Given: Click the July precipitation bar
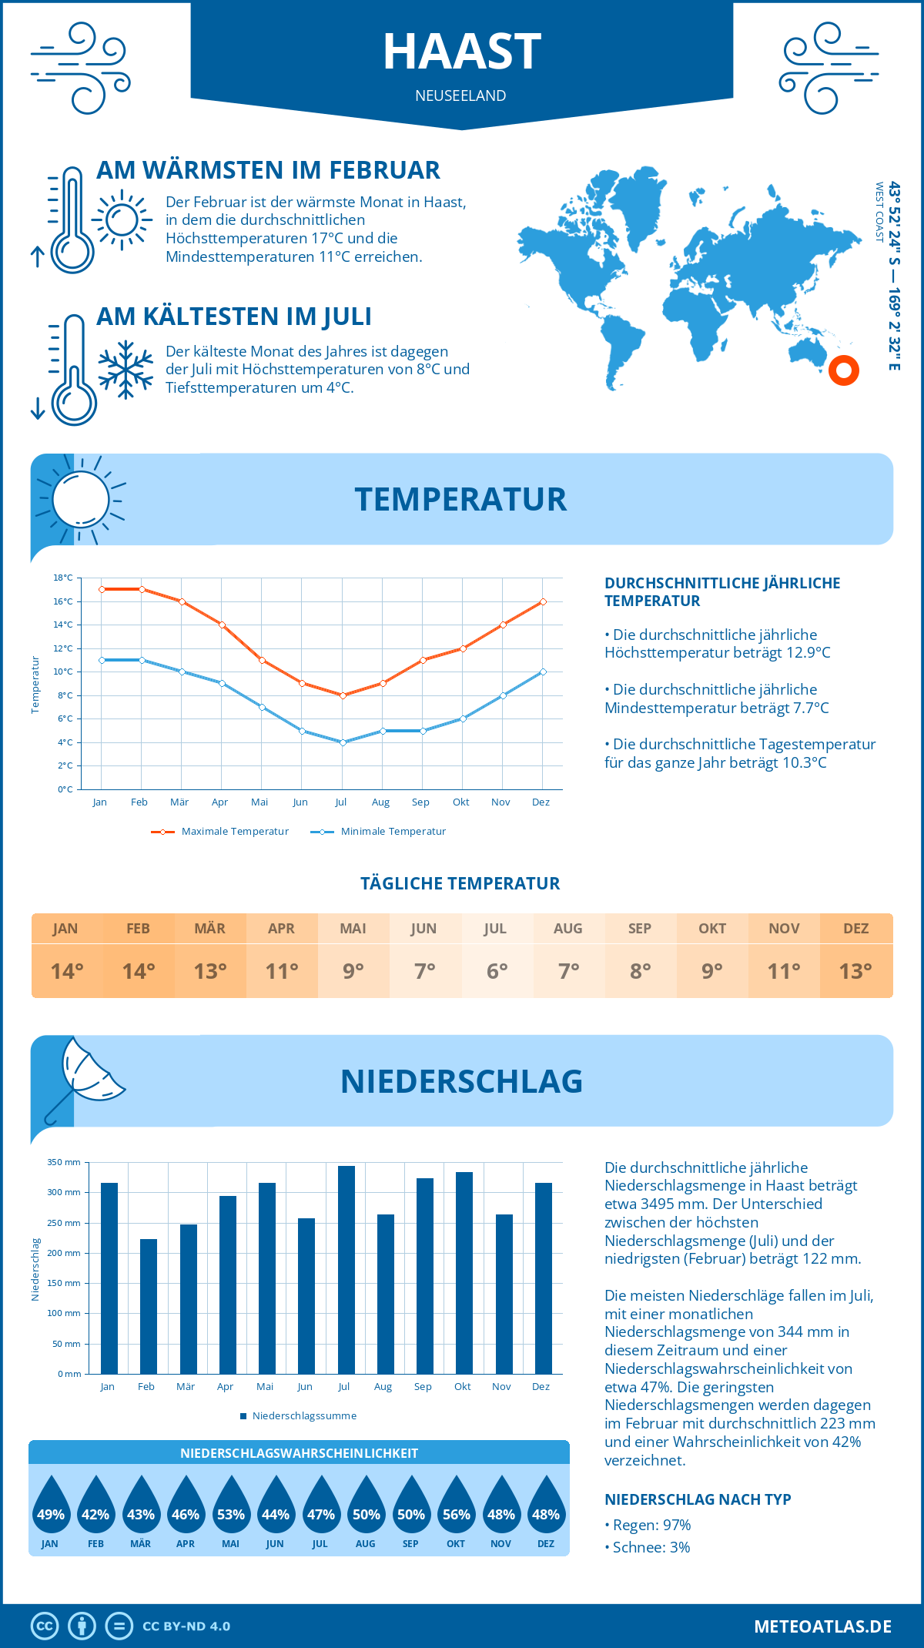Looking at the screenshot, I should [x=346, y=1271].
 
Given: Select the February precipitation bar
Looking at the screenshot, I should [x=149, y=1307].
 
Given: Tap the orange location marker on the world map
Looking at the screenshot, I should [x=844, y=370].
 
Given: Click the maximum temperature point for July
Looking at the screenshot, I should [x=343, y=695].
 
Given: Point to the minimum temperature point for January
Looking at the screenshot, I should [x=102, y=660].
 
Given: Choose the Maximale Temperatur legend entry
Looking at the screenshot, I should [x=220, y=832].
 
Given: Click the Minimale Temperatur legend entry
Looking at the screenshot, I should [x=379, y=832].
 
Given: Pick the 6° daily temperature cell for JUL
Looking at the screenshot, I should [x=497, y=971].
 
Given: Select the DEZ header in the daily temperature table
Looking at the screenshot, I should [x=855, y=929].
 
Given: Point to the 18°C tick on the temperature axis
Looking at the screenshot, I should [x=63, y=578].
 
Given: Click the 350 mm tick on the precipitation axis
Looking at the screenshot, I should [x=64, y=1162].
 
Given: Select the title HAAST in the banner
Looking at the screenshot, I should [x=462, y=52].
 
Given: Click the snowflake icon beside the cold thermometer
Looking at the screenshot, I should [x=126, y=370].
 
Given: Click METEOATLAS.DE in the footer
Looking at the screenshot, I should [x=822, y=1626].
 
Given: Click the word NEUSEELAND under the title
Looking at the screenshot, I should [x=460, y=95].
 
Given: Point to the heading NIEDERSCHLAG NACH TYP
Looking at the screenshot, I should [x=698, y=1499].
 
